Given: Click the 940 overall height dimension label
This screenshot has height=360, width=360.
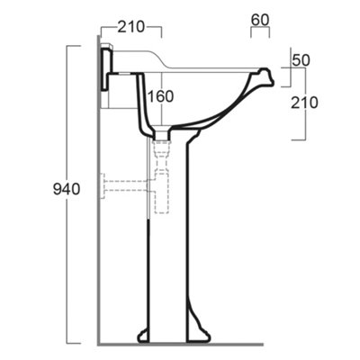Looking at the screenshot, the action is pyautogui.click(x=67, y=189).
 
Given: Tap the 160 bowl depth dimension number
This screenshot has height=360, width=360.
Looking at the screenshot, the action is pyautogui.click(x=161, y=96).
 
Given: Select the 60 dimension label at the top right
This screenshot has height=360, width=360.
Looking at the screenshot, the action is pyautogui.click(x=260, y=20).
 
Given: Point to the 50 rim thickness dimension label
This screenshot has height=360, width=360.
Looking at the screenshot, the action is pyautogui.click(x=301, y=60).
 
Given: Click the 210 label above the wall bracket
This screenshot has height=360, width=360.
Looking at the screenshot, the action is pyautogui.click(x=131, y=27).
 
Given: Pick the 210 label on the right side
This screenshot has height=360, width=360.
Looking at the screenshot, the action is pyautogui.click(x=304, y=103).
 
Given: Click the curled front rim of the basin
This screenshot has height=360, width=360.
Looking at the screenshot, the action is pyautogui.click(x=266, y=76).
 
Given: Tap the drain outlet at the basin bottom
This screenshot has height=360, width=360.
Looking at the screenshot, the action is pyautogui.click(x=162, y=133).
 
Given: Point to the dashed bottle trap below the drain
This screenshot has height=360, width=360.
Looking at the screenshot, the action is pyautogui.click(x=162, y=177).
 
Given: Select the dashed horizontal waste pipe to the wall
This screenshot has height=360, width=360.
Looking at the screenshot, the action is pyautogui.click(x=126, y=186).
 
